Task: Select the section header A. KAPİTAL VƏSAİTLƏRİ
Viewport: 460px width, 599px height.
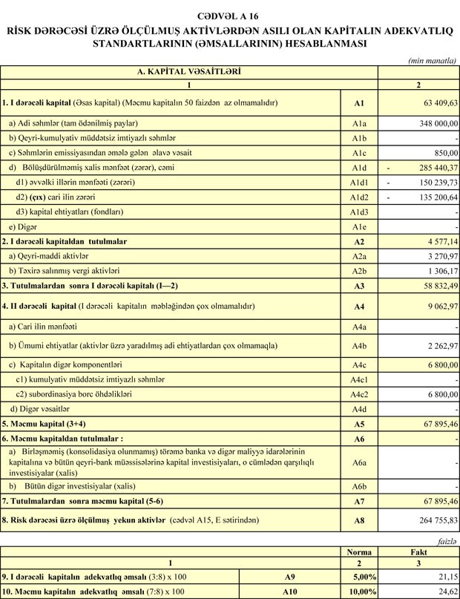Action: pyautogui.click(x=189, y=72)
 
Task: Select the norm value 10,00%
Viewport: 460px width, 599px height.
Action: pyautogui.click(x=362, y=592)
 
